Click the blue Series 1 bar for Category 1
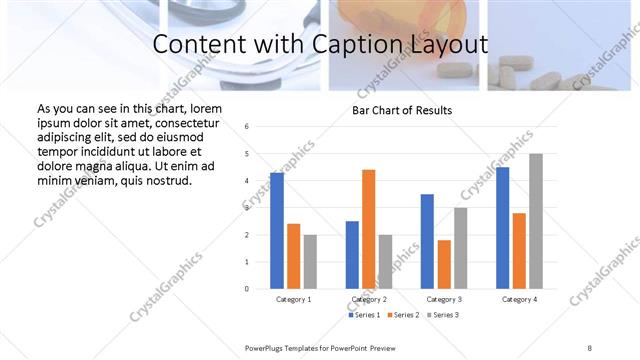[x=277, y=230]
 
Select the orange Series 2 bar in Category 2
[x=368, y=229]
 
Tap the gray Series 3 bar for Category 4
[x=536, y=221]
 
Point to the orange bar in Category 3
[x=444, y=264]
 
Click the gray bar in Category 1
[x=310, y=261]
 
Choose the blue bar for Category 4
[x=502, y=227]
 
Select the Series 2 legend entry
[x=403, y=315]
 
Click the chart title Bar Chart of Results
[x=402, y=110]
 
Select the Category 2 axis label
[x=369, y=299]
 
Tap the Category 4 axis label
[x=519, y=299]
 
